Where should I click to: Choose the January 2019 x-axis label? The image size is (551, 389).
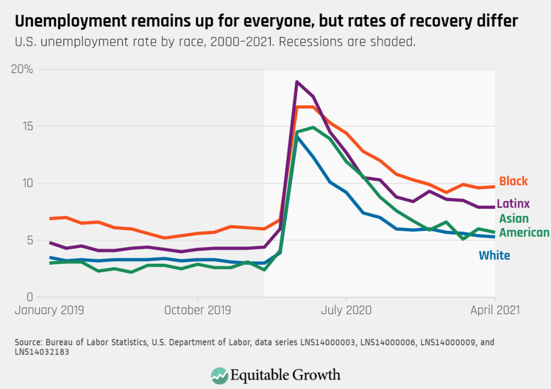click(x=49, y=310)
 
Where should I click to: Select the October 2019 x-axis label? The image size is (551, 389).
click(x=197, y=310)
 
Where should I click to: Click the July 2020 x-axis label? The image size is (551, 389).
click(x=346, y=310)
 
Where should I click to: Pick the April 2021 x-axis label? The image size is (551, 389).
click(x=495, y=310)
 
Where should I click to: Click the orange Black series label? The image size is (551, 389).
click(x=513, y=181)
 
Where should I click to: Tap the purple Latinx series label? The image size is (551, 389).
click(x=513, y=203)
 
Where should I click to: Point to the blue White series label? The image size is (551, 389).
click(x=494, y=255)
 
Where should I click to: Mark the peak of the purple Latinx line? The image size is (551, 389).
click(x=297, y=82)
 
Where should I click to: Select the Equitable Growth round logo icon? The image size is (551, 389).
click(x=219, y=374)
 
